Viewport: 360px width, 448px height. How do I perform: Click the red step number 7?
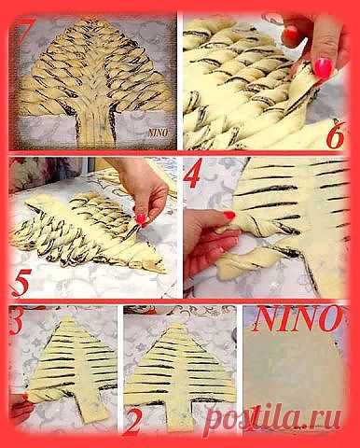21,30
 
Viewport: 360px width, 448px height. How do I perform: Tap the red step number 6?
334,135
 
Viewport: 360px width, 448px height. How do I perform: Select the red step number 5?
21,282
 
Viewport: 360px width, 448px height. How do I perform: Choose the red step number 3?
16,321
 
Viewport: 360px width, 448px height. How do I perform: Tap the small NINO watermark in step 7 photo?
159,133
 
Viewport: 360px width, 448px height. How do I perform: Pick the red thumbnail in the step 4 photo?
229,215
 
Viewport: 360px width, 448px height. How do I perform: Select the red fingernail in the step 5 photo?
141,218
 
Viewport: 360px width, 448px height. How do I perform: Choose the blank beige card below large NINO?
294,373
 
